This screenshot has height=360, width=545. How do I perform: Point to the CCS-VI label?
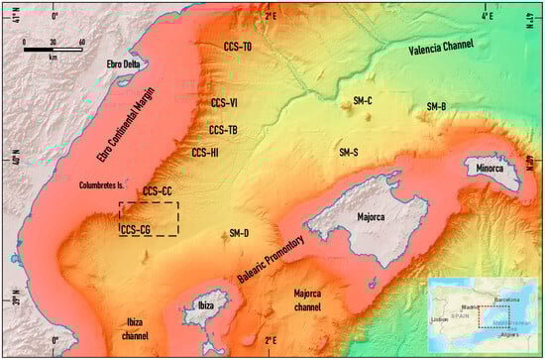pos(224,102)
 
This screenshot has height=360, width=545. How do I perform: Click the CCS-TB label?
pos(223,130)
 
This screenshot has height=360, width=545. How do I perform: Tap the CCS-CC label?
pos(158,190)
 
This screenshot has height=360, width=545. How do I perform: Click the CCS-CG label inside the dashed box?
pos(135,230)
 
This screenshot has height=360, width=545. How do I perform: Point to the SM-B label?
pos(436,106)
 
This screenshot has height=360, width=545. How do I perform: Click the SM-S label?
pos(349,153)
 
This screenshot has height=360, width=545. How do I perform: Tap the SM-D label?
pos(239,233)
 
